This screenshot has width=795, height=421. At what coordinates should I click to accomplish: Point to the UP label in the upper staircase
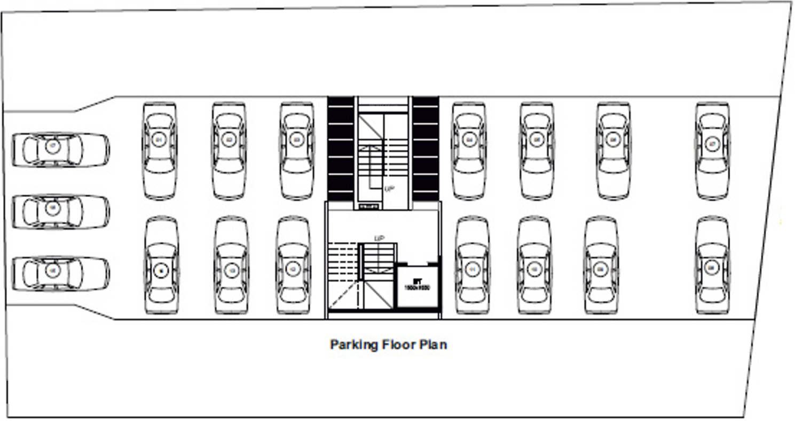pyautogui.click(x=390, y=189)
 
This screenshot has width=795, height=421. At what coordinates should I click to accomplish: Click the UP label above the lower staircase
pyautogui.click(x=380, y=238)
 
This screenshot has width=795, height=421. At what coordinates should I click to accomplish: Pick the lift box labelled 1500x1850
pyautogui.click(x=418, y=285)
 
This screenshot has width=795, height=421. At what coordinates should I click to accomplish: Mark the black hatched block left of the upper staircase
pyautogui.click(x=341, y=149)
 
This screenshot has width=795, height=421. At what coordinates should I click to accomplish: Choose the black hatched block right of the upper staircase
pyautogui.click(x=426, y=149)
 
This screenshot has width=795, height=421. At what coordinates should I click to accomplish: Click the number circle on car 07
pyautogui.click(x=712, y=144)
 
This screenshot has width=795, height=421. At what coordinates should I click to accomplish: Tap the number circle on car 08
pyautogui.click(x=711, y=267)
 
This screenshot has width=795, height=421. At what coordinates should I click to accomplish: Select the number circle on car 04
pyautogui.click(x=469, y=140)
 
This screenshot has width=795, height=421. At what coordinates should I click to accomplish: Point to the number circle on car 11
pyautogui.click(x=472, y=270)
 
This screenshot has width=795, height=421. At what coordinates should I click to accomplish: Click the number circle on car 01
pyautogui.click(x=159, y=140)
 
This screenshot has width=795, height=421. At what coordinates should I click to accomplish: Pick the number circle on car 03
pyautogui.click(x=296, y=140)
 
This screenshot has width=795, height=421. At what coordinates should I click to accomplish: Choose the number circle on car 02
pyautogui.click(x=229, y=140)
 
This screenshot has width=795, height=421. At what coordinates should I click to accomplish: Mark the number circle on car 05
pyautogui.click(x=537, y=140)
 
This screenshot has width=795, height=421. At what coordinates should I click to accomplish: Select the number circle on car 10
pyautogui.click(x=533, y=270)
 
